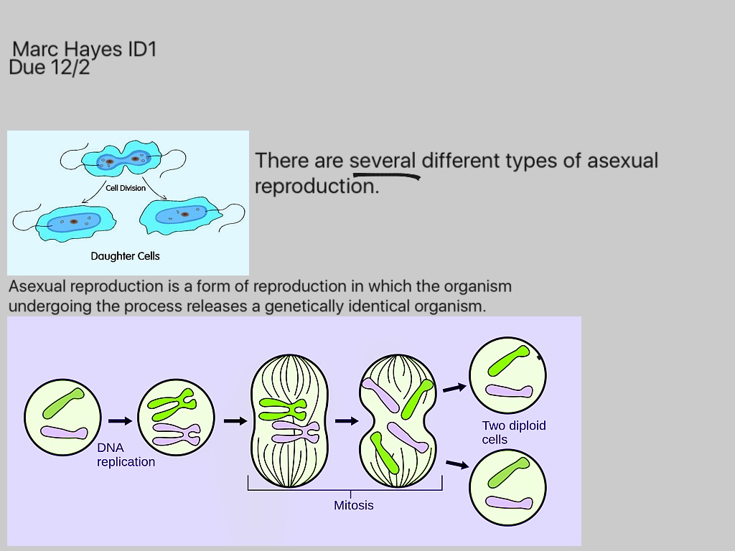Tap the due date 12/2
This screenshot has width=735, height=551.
[70, 67]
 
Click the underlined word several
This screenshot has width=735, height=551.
[383, 161]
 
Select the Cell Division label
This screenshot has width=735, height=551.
[126, 188]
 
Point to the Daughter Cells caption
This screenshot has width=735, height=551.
[125, 256]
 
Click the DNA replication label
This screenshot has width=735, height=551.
[126, 454]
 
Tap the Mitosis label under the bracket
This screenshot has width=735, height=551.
[353, 505]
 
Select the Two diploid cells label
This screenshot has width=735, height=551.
[514, 433]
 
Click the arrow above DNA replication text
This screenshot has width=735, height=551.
[120, 420]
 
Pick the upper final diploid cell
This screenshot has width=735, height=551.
[507, 375]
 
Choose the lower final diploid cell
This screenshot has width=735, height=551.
[507, 487]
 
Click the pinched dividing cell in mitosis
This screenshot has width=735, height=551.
[398, 420]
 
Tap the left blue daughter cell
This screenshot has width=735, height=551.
[75, 223]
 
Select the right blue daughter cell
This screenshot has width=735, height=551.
[180, 215]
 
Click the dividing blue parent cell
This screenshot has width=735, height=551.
[122, 159]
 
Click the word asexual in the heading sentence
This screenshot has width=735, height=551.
[622, 161]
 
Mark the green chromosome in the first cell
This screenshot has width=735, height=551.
[63, 403]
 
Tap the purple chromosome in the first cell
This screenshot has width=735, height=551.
[64, 432]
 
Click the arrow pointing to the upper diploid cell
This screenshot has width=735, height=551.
[454, 388]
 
